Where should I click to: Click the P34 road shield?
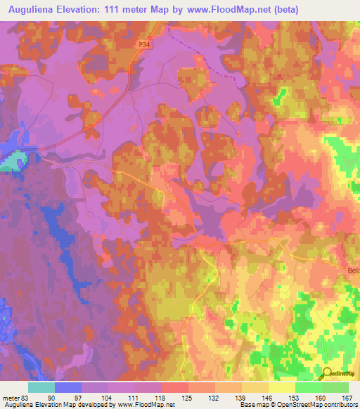(144, 44)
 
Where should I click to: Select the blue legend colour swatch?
(67, 387)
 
